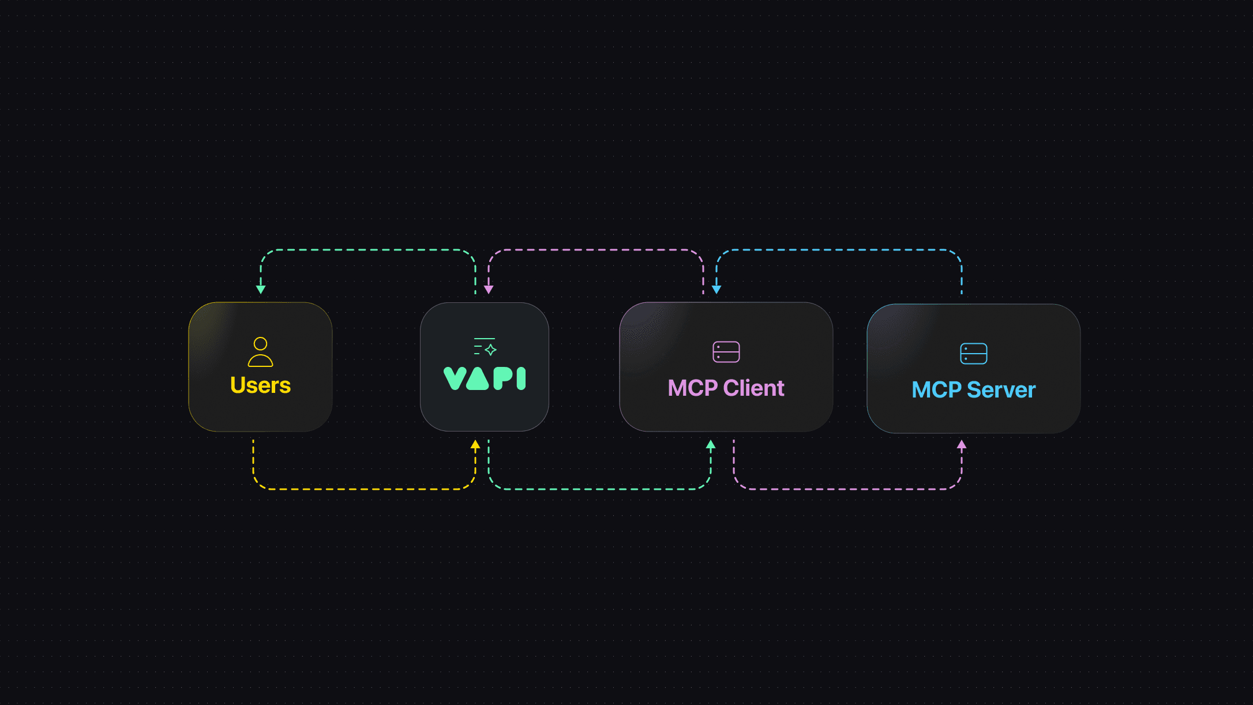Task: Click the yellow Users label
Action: tap(260, 385)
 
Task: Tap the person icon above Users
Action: tap(260, 352)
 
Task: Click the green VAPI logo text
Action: tap(485, 378)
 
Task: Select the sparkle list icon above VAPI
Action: tap(485, 347)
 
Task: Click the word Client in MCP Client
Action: tap(753, 388)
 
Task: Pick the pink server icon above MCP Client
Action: tap(726, 352)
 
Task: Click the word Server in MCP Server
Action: tap(1001, 390)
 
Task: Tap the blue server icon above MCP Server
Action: tap(974, 354)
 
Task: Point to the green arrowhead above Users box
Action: tap(261, 289)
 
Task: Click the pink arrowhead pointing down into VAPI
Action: tap(489, 289)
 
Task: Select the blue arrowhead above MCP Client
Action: tap(716, 289)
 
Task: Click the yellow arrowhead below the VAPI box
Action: tap(475, 445)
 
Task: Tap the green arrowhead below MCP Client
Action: tap(711, 445)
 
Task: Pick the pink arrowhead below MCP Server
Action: tap(962, 445)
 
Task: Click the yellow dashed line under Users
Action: tap(363, 489)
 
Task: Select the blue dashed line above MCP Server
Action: tap(839, 250)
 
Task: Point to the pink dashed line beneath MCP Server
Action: tap(848, 489)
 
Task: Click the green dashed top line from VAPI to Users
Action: tap(367, 250)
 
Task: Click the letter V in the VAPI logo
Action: tap(455, 378)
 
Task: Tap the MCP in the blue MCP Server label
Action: tap(936, 390)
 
